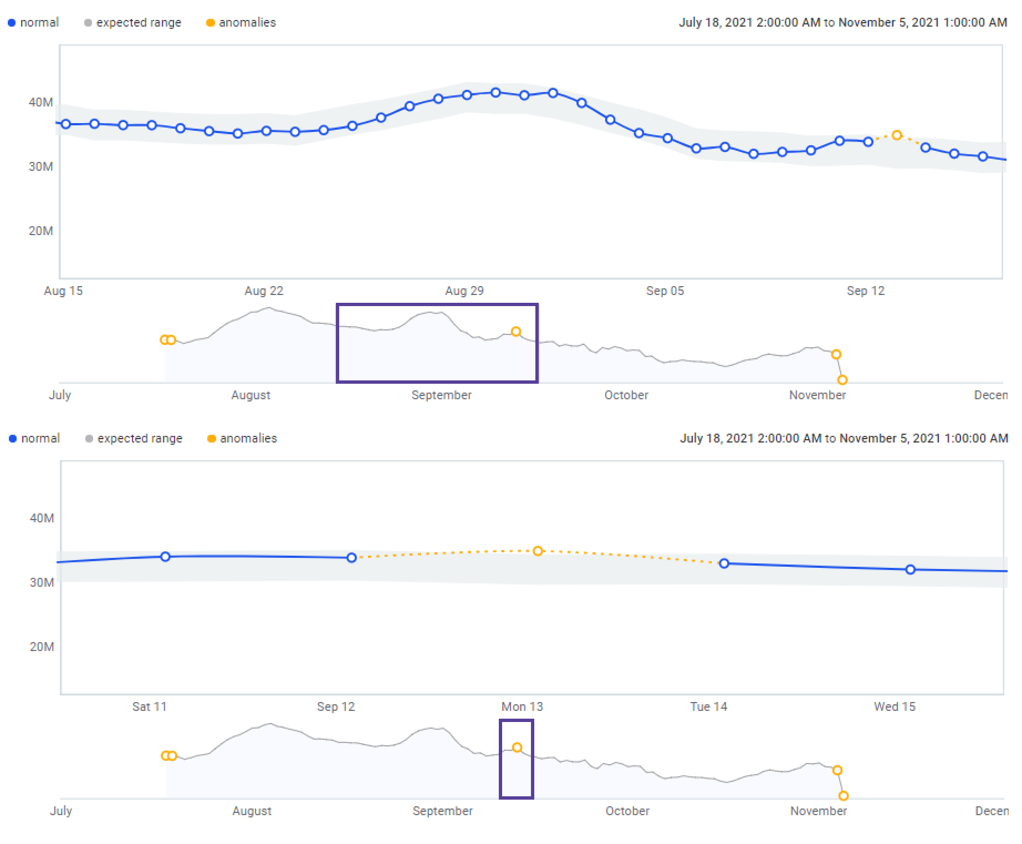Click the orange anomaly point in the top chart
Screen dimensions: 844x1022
pos(897,135)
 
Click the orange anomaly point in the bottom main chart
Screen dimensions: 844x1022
pos(538,551)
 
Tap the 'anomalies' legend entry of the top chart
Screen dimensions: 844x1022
pos(241,23)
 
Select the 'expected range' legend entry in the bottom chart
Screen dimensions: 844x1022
pos(134,439)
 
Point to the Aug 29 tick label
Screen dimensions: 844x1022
pos(464,291)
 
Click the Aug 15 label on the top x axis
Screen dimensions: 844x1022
pos(63,291)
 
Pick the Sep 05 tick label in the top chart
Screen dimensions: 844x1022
pos(665,291)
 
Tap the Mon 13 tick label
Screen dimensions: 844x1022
pos(522,707)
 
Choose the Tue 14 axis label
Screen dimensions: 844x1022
pos(708,707)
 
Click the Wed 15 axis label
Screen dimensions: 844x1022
pos(895,707)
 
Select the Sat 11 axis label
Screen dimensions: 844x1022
pos(149,707)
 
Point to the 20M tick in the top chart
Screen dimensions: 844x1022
pos(41,231)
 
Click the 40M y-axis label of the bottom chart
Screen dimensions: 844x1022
pos(42,518)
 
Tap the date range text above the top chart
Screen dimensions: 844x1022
pos(842,23)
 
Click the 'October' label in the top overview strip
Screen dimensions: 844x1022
pos(626,395)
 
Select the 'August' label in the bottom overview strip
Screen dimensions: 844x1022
pos(252,811)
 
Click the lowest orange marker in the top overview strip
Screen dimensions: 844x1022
pos(842,380)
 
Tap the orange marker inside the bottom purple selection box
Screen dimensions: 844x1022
pos(517,748)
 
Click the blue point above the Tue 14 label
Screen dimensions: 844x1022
pos(724,563)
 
